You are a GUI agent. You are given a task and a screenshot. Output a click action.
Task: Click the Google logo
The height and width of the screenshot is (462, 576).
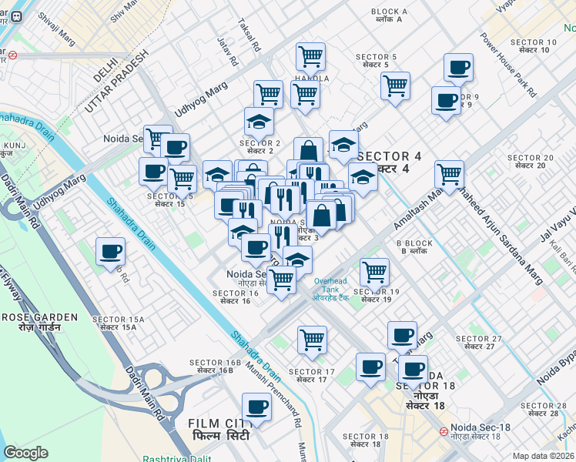tap(25, 453)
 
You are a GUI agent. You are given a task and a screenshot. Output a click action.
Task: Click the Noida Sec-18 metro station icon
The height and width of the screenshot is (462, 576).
tap(444, 432)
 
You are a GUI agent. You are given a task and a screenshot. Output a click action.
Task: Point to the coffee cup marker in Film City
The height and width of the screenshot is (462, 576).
tap(256, 407)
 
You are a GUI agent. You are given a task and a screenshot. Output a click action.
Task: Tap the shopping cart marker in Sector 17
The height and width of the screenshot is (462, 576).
tap(312, 340)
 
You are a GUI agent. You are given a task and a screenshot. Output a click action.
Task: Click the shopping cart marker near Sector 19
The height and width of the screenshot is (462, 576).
tap(374, 272)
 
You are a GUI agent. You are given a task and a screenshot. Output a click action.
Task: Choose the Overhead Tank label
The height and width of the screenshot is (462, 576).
tap(331, 289)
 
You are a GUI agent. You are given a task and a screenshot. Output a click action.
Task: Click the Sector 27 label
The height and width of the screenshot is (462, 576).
tap(478, 343)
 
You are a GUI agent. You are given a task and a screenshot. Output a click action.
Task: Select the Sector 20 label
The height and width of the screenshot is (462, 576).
tap(530, 161)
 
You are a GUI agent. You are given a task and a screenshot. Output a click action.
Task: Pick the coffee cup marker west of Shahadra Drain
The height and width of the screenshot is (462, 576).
tap(110, 251)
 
